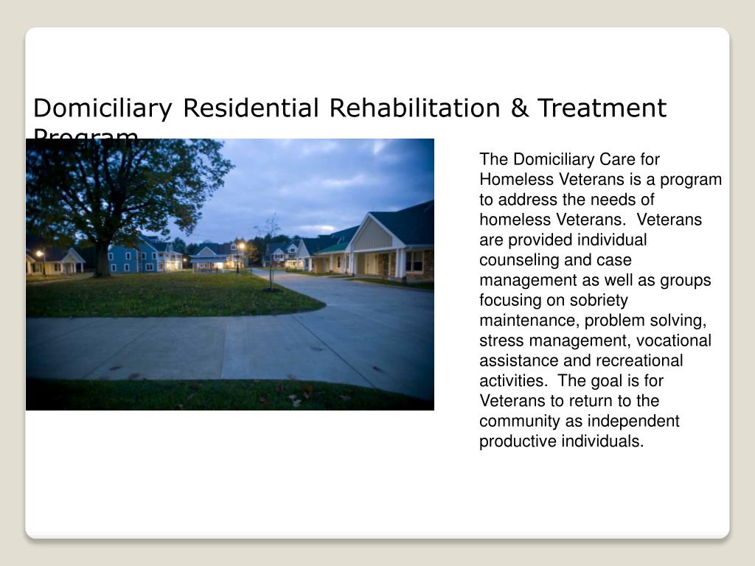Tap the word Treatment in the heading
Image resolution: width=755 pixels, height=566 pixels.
[x=601, y=108]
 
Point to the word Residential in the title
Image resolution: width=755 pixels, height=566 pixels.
[x=251, y=108]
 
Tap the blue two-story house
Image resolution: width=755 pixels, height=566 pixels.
[x=133, y=258]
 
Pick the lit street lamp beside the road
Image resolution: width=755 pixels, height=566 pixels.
[x=240, y=248]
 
